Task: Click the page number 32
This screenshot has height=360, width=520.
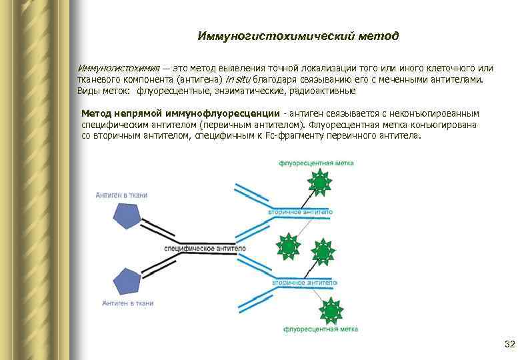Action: (x=510, y=344)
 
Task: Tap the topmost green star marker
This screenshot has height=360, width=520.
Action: (x=320, y=182)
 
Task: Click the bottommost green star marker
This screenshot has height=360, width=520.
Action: (x=330, y=310)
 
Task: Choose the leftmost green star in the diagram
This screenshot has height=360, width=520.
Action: (x=288, y=247)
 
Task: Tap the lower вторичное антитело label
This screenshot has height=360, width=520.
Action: (x=304, y=283)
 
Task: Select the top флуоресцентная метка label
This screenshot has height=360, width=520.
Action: (x=316, y=163)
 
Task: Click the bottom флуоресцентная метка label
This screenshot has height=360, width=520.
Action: (x=321, y=329)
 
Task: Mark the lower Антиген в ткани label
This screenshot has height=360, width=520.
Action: (x=127, y=303)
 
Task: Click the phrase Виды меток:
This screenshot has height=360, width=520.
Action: (x=105, y=90)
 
